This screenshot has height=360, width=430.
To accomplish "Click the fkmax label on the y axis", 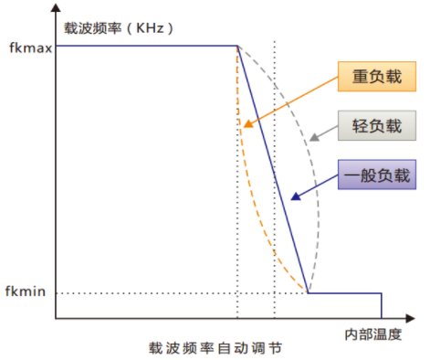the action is point(26,46).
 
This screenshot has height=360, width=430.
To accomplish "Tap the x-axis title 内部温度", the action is point(375,333).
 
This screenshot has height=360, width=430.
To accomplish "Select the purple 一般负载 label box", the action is point(373,173).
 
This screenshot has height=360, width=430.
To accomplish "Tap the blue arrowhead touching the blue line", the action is point(293,196).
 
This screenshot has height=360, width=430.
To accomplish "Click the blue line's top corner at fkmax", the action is point(237,46).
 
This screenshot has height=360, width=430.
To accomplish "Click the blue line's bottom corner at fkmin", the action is point(308,293).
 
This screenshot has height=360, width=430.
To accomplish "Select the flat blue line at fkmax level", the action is point(146,46).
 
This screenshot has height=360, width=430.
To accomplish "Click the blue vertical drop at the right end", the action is point(382,306).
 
